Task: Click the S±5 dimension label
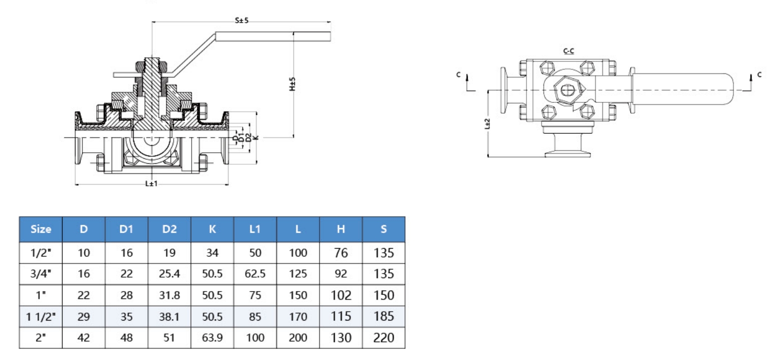click(x=242, y=21)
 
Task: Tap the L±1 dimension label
click(x=151, y=184)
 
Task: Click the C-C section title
click(x=568, y=51)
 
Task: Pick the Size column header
click(x=41, y=229)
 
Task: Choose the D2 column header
click(x=170, y=229)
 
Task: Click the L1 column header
click(x=255, y=229)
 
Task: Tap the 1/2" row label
click(x=41, y=253)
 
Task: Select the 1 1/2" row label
click(x=41, y=316)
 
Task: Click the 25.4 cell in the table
click(x=170, y=274)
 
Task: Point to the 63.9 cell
click(x=213, y=338)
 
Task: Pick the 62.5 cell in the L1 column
click(x=255, y=274)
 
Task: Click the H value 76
click(x=341, y=253)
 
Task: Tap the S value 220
click(x=384, y=338)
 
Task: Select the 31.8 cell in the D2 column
click(x=170, y=295)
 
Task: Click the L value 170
click(x=298, y=316)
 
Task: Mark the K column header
click(x=213, y=229)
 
